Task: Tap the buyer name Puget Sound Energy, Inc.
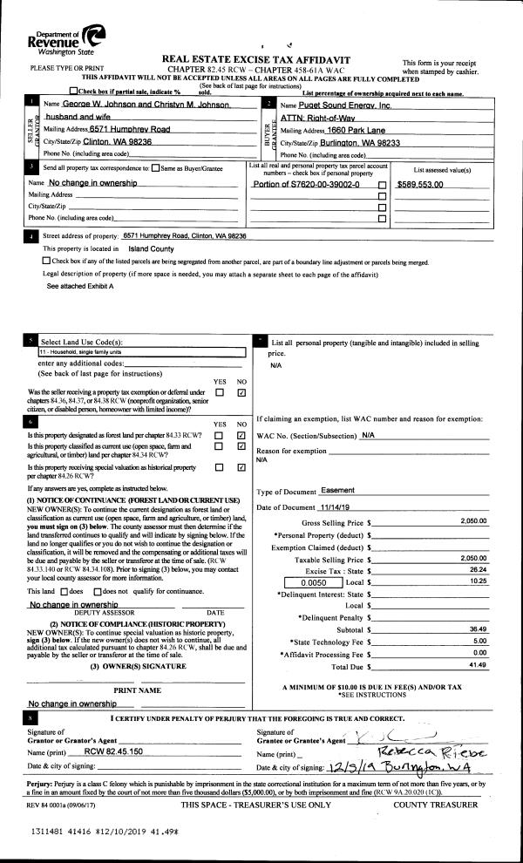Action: coord(336,105)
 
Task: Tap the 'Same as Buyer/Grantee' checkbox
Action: coord(155,167)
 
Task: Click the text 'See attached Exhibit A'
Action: coord(80,286)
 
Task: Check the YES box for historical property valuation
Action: coord(220,466)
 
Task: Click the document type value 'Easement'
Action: coord(338,492)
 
